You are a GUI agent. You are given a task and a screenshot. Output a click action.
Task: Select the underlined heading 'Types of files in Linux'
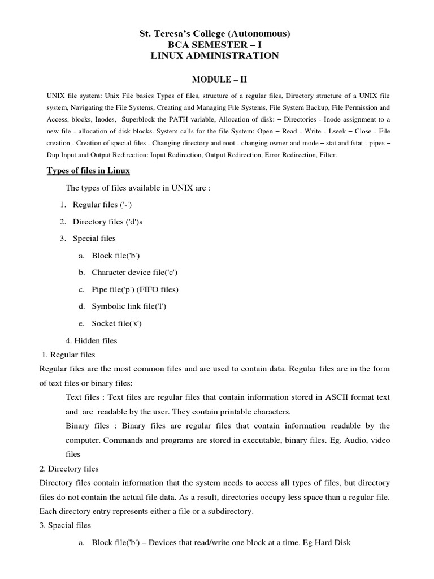88,171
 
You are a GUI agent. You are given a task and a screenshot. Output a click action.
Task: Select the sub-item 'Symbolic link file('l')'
129,306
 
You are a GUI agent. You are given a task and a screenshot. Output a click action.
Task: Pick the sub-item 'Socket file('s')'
116,323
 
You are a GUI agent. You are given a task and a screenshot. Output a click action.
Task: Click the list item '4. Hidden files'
92,340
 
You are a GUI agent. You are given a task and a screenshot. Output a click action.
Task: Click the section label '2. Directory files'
69,469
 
